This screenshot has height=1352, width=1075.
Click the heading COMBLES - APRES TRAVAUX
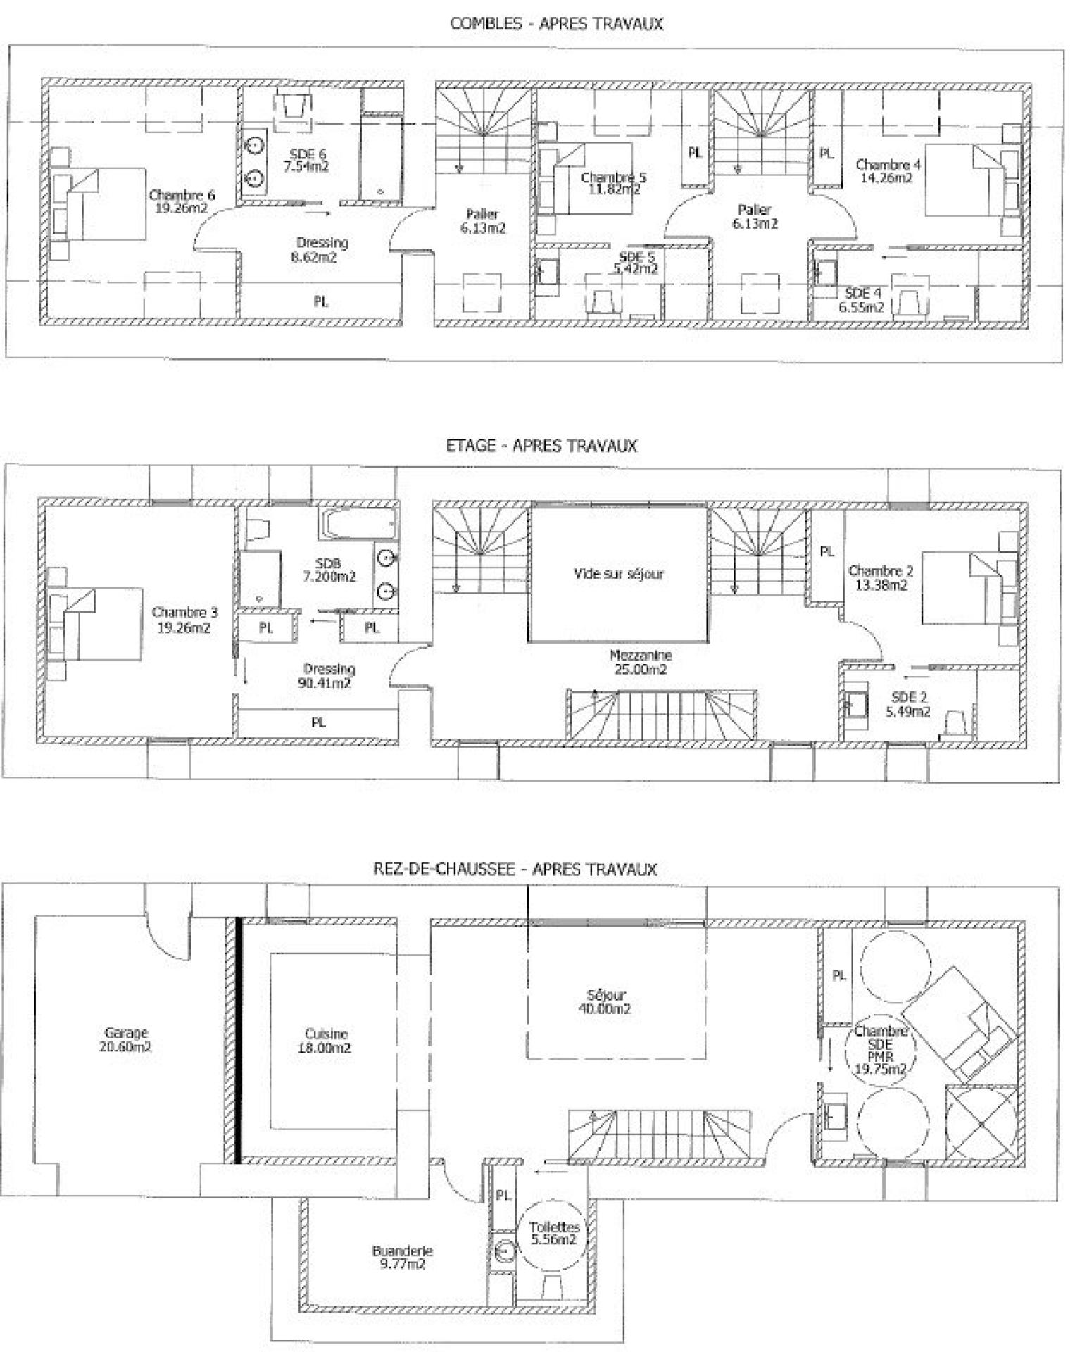click(556, 23)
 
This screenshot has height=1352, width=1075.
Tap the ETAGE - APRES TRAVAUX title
click(541, 445)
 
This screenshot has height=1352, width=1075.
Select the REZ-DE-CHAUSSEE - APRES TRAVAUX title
click(515, 869)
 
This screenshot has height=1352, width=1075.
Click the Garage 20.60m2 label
click(126, 1039)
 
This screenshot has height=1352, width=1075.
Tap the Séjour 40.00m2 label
click(606, 1002)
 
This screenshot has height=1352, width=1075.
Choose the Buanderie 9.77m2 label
click(402, 1258)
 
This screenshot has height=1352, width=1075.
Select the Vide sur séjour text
click(618, 574)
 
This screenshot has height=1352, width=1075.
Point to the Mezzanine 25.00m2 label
click(641, 662)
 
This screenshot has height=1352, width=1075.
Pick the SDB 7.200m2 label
click(329, 570)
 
